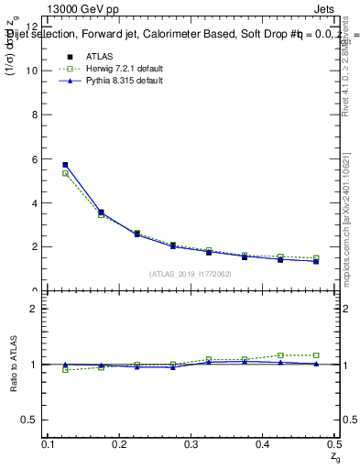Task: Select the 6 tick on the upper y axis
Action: click(x=36, y=158)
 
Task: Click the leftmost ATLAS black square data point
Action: click(x=65, y=165)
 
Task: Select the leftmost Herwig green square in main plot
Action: click(x=65, y=173)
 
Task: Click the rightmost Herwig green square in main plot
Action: click(x=316, y=258)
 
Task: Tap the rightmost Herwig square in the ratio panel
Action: click(x=316, y=355)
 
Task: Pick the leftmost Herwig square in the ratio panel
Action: click(x=65, y=369)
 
